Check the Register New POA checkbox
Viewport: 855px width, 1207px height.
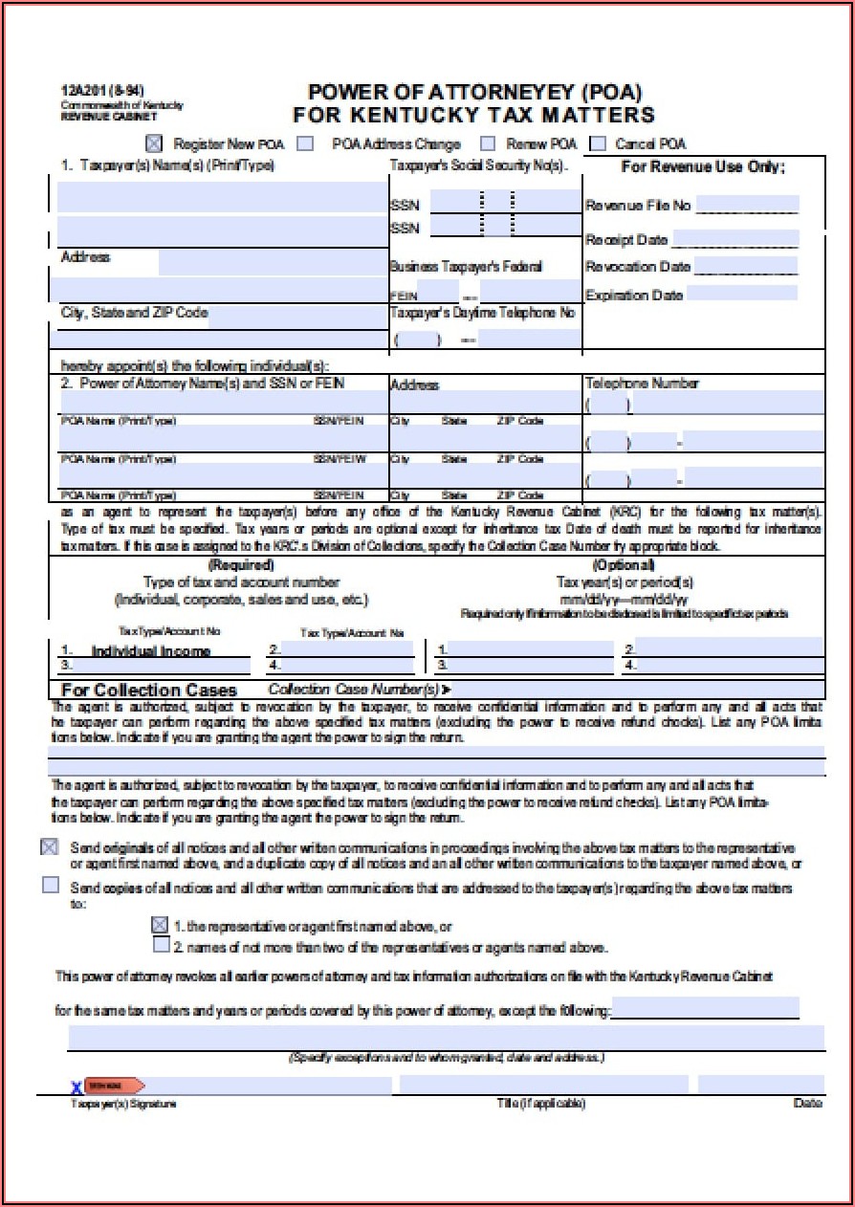pyautogui.click(x=154, y=143)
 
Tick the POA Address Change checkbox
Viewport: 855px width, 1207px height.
pyautogui.click(x=305, y=143)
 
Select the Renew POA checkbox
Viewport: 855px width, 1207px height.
pyautogui.click(x=488, y=143)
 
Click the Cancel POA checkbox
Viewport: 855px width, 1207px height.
pyautogui.click(x=598, y=143)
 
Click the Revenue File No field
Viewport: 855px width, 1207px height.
pyautogui.click(x=747, y=205)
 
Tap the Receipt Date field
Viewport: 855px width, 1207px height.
pyautogui.click(x=734, y=238)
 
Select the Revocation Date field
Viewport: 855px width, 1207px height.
pyautogui.click(x=745, y=266)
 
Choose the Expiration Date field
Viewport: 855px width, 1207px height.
pyautogui.click(x=742, y=294)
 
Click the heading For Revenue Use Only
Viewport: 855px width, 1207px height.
pyautogui.click(x=703, y=166)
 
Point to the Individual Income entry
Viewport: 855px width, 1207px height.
pyautogui.click(x=150, y=651)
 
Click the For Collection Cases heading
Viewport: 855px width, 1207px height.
pyautogui.click(x=148, y=690)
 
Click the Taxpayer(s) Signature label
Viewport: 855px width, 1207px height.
pyautogui.click(x=123, y=1104)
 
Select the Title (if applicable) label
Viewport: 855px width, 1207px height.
pyautogui.click(x=540, y=1104)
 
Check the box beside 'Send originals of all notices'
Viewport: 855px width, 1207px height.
pyautogui.click(x=50, y=847)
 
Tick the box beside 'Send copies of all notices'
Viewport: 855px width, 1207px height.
pyautogui.click(x=50, y=886)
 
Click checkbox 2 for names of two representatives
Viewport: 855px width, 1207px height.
pyautogui.click(x=162, y=945)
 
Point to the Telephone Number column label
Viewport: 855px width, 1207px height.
pyautogui.click(x=642, y=384)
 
